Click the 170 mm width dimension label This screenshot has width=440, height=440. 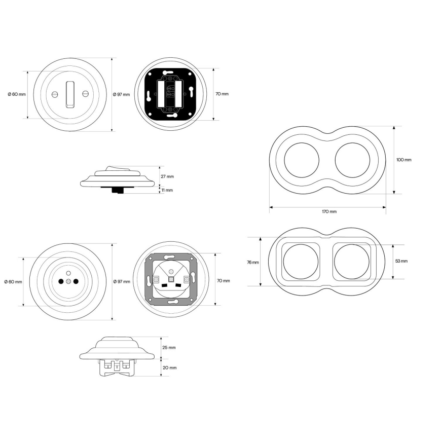(x=329, y=211)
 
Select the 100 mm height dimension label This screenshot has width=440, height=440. (x=404, y=160)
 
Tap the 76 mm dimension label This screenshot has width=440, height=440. (x=253, y=263)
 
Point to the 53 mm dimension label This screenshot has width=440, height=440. (x=401, y=261)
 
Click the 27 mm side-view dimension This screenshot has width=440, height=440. (x=167, y=176)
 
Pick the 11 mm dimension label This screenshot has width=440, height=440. (x=167, y=190)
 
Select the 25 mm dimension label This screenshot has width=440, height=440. (x=169, y=347)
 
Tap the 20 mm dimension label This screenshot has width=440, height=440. (x=169, y=368)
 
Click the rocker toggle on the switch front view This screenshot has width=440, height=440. (x=70, y=94)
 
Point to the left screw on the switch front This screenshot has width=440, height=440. (x=55, y=94)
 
